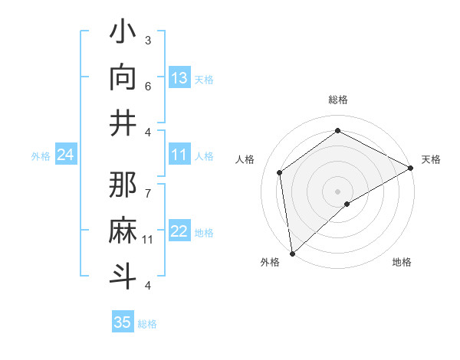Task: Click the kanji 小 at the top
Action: [123, 34]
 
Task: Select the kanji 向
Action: [123, 77]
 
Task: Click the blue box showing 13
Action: [179, 78]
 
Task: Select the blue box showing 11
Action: [179, 155]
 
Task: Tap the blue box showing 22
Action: [179, 232]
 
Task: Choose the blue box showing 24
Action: [66, 155]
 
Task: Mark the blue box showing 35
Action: [123, 322]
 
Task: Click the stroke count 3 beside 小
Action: [148, 40]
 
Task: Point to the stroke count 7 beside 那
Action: [148, 185]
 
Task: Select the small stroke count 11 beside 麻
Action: [148, 240]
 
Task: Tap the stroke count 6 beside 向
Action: [148, 85]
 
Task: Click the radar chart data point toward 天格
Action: [411, 169]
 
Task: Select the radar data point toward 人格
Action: [280, 172]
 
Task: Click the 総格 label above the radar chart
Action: [338, 100]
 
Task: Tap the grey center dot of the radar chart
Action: [338, 190]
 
